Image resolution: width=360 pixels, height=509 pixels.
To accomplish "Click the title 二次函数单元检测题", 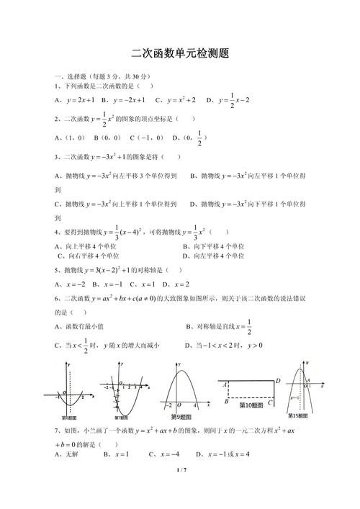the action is (x=180, y=53).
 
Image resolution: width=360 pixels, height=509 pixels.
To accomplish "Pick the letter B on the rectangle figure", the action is (x=226, y=402).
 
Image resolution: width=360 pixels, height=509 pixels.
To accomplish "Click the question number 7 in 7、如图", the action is (x=55, y=430).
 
